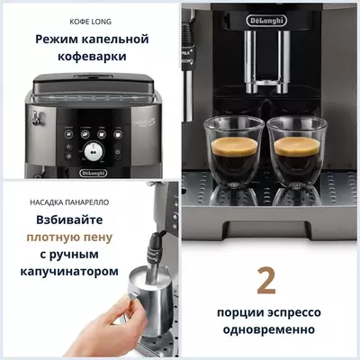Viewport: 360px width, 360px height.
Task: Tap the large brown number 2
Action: tap(266, 280)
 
